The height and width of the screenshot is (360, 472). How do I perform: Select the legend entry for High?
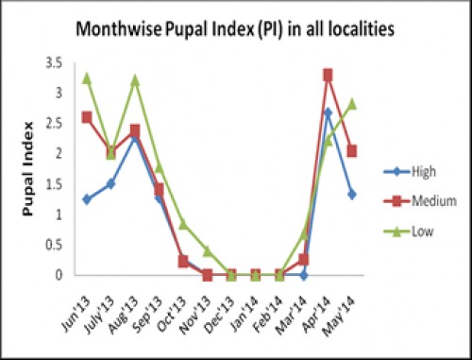tap(403, 171)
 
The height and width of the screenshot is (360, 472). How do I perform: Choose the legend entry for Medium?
tap(408, 200)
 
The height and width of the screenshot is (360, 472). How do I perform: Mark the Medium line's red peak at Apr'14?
tap(327, 75)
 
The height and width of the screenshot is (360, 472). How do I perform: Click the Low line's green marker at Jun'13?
tap(87, 77)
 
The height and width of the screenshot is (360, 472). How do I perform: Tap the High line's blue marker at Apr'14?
tap(327, 112)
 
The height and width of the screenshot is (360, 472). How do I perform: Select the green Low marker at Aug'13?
tap(135, 80)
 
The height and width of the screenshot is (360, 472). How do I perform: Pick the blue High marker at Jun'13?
tap(87, 199)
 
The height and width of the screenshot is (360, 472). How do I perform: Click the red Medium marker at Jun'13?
tap(87, 117)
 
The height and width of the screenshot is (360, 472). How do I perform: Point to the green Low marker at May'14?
tap(351, 104)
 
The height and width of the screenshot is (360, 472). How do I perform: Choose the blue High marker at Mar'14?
tap(303, 275)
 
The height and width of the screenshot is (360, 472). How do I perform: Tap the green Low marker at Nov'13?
tap(207, 250)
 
